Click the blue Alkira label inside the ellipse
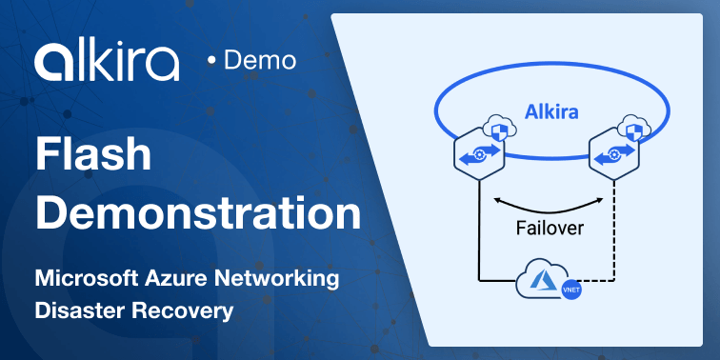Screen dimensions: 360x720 tap(551, 112)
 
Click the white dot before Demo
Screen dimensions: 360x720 tap(211, 62)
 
